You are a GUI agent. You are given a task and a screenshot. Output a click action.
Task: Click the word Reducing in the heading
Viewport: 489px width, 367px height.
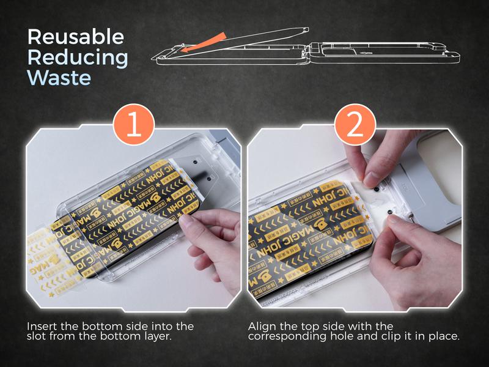point(78,57)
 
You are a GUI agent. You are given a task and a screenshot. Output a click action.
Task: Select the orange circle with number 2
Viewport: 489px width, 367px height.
point(355,125)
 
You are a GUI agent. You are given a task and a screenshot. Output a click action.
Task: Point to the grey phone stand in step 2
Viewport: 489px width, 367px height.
point(428,183)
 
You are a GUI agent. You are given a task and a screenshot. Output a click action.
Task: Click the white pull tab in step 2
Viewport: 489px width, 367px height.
point(378,194)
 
